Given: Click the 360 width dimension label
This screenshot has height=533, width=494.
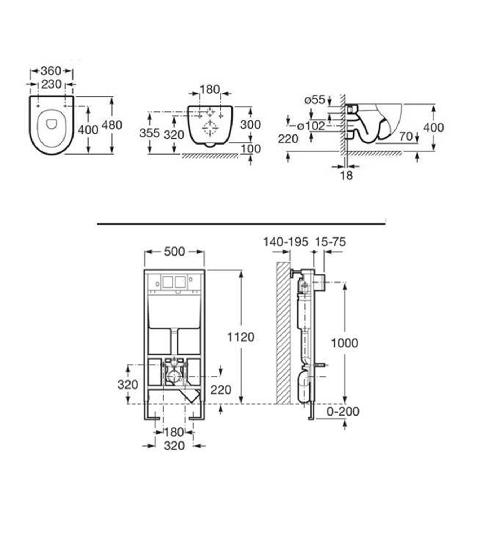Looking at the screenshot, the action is [51, 71].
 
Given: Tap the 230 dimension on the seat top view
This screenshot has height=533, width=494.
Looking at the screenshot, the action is [51, 84].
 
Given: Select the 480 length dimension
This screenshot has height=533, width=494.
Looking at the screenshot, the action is [112, 125].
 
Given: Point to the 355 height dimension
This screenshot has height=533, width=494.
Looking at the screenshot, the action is [150, 133].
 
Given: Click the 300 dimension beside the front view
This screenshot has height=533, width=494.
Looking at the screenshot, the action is [250, 125].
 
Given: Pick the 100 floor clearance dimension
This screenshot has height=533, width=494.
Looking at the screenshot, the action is [250, 149].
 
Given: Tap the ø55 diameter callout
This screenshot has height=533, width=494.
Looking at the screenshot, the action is [314, 100].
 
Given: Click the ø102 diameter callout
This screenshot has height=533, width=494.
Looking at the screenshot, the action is [311, 126].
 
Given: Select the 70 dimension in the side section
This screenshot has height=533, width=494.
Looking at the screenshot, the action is [406, 137].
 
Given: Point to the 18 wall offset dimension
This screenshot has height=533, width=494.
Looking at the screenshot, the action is [346, 176].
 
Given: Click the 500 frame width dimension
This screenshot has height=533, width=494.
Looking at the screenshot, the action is [174, 252].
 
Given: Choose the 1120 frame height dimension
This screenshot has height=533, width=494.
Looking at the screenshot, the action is [241, 337].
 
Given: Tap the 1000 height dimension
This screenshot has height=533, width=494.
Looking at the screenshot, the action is [345, 343].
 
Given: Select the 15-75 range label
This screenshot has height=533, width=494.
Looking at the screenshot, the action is [330, 242].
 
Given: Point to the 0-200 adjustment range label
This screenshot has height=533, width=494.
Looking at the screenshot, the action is [343, 412].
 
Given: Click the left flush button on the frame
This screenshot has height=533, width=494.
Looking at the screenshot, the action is [167, 282].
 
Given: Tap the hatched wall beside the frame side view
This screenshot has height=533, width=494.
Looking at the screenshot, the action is [283, 333].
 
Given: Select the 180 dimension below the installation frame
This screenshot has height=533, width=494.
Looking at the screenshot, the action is [174, 432].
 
